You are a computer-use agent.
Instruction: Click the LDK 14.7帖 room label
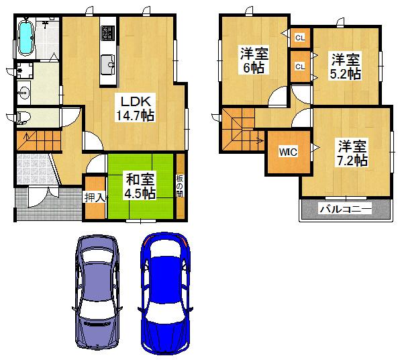(138, 108)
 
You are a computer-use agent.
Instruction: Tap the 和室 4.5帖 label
(140, 186)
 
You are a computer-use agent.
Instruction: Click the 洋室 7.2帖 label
(352, 152)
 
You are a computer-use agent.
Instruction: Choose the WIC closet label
(283, 152)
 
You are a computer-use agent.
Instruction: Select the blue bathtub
(26, 38)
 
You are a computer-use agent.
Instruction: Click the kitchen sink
(108, 66)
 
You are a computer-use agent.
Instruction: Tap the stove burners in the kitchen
(108, 32)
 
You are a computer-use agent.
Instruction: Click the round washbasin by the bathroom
(25, 93)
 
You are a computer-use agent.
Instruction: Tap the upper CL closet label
(299, 38)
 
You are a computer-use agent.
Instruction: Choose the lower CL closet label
(299, 66)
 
